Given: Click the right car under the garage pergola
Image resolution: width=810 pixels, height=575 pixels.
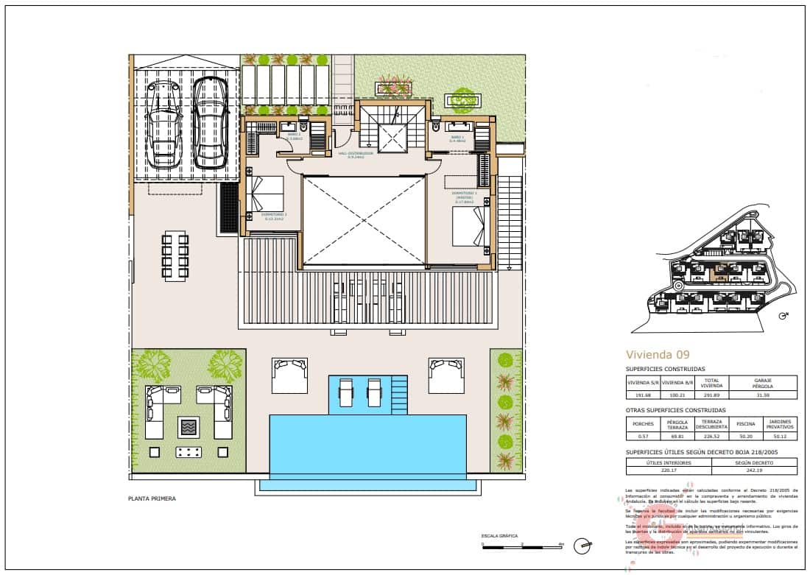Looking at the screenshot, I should pyautogui.click(x=208, y=123).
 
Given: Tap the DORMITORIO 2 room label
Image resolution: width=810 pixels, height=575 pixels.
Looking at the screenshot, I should pyautogui.click(x=273, y=215).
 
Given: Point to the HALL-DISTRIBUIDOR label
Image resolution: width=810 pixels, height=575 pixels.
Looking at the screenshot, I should pyautogui.click(x=356, y=155).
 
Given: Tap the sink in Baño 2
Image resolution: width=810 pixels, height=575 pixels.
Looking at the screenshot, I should pyautogui.click(x=289, y=127).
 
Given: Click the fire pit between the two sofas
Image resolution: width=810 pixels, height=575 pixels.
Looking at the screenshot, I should pyautogui.click(x=189, y=426).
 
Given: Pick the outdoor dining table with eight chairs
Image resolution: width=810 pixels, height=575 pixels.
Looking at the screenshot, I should pyautogui.click(x=176, y=255).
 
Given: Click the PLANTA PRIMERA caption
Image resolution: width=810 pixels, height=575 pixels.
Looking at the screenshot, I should pyautogui.click(x=152, y=498).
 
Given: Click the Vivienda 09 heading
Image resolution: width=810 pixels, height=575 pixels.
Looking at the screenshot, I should pyautogui.click(x=658, y=354).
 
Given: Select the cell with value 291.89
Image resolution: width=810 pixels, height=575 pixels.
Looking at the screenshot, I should pyautogui.click(x=711, y=395).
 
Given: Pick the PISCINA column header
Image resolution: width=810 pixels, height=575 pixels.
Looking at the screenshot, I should pyautogui.click(x=746, y=424).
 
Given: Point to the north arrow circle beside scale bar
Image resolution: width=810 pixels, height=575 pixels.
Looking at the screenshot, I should pyautogui.click(x=584, y=546).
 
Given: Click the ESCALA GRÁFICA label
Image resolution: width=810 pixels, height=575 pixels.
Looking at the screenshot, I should pyautogui.click(x=499, y=536).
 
